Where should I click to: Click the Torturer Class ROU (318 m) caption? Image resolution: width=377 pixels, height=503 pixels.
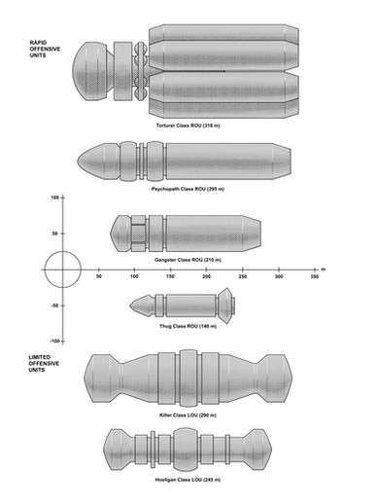point(188,126)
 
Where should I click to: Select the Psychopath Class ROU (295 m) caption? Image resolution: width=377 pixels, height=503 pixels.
point(188,189)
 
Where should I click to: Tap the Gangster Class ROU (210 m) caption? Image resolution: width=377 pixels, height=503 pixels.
point(188,260)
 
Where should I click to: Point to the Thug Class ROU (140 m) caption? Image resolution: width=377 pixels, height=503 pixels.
point(188,326)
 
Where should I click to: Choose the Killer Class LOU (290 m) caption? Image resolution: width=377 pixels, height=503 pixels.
point(188,415)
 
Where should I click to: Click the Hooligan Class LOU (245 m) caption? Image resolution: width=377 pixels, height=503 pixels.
point(188,480)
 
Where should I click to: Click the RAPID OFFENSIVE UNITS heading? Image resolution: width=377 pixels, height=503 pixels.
point(45,49)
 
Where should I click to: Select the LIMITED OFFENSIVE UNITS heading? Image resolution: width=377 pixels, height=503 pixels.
point(44,363)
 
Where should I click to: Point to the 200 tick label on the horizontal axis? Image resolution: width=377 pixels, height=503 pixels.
point(206,276)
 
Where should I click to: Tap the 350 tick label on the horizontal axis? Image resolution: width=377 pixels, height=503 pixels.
point(314,276)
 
